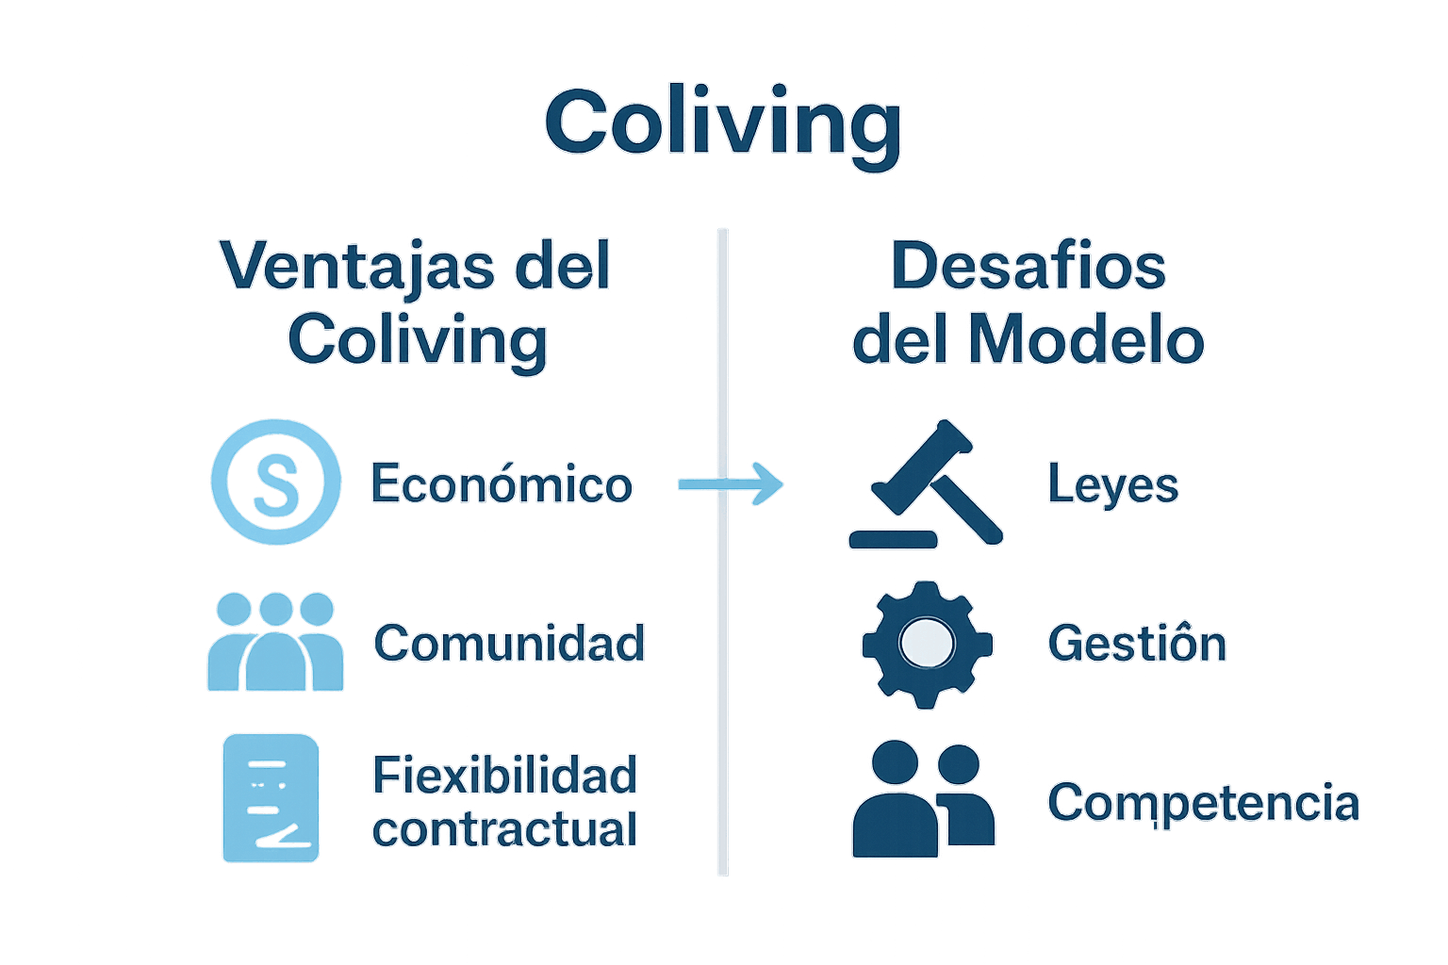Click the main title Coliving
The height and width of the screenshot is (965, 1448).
723,123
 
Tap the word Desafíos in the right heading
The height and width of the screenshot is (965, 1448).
1028,266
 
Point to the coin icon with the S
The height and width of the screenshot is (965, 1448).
275,482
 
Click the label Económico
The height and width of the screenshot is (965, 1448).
501,484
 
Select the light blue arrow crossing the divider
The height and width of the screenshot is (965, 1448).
732,484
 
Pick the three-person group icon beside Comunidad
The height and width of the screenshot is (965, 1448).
275,642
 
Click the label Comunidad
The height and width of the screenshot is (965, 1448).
509,644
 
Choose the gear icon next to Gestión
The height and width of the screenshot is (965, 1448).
927,645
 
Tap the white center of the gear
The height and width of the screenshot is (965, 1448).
927,644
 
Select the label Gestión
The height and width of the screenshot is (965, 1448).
1137,645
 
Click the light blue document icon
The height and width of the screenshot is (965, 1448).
271,798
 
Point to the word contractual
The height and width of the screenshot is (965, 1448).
505,830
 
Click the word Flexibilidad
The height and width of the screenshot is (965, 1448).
505,776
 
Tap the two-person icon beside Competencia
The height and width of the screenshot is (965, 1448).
923,800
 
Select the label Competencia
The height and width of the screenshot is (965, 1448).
1203,803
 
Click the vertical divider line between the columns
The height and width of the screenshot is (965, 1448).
722,660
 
